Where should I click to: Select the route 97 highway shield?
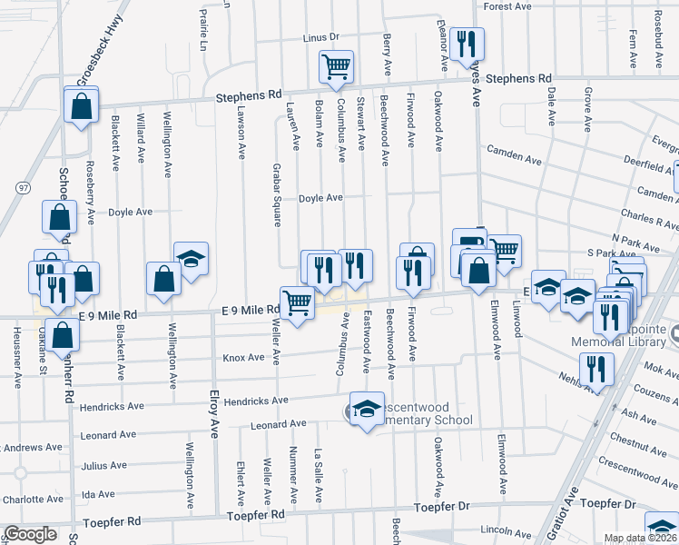click(21, 186)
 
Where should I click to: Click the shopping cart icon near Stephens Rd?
click(336, 65)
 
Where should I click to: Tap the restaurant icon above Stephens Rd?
click(467, 43)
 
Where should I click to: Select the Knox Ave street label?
click(243, 358)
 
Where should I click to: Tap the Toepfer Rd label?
click(112, 522)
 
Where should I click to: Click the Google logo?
click(30, 534)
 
